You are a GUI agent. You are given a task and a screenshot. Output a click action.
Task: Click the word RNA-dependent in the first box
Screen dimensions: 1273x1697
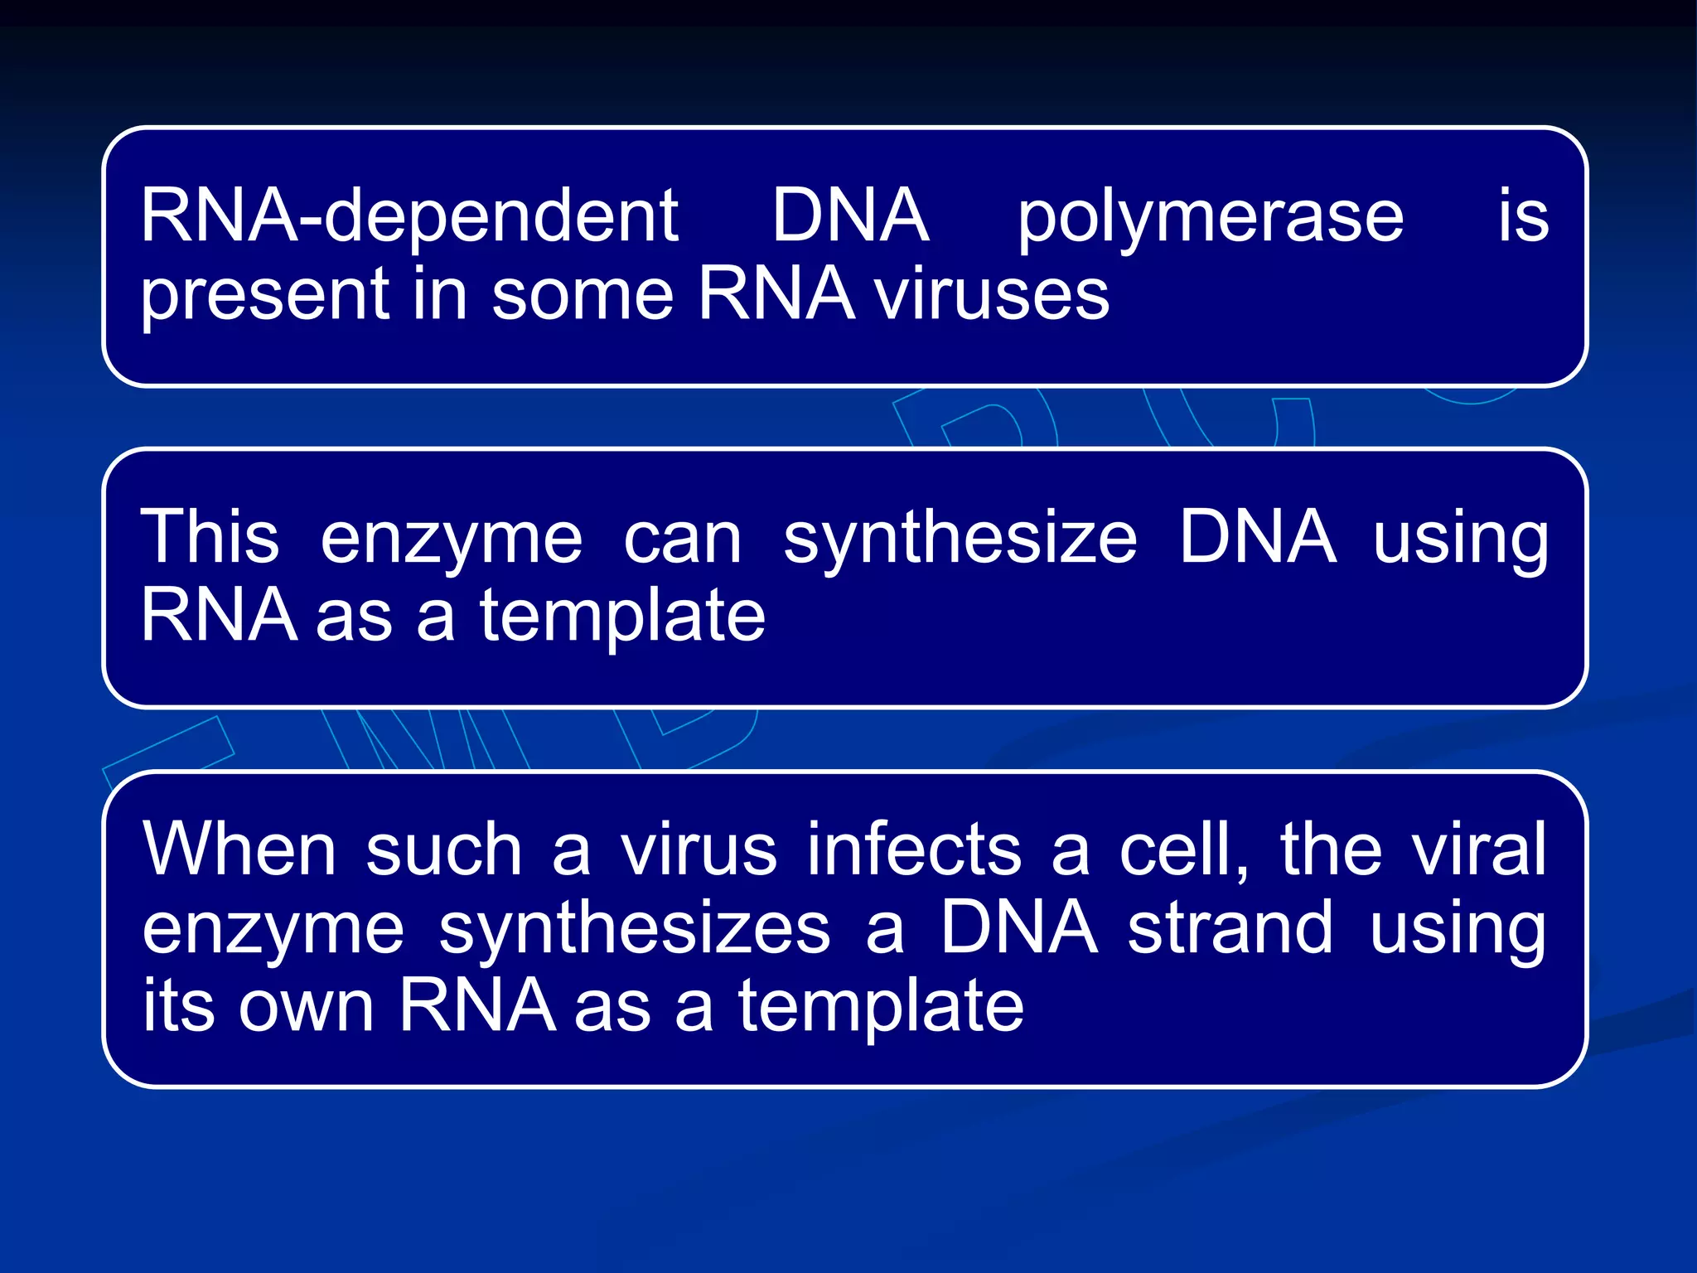pyautogui.click(x=409, y=217)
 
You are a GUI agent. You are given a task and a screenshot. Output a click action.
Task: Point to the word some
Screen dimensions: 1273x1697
pyautogui.click(x=583, y=296)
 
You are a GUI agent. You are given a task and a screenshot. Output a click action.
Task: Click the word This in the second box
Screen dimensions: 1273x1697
pyautogui.click(x=210, y=537)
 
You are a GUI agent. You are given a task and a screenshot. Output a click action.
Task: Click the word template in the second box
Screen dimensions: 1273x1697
pyautogui.click(x=622, y=617)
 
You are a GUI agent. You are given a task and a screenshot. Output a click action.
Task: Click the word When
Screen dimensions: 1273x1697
pyautogui.click(x=239, y=849)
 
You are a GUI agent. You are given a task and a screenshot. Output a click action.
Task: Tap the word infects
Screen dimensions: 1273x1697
pyautogui.click(x=915, y=849)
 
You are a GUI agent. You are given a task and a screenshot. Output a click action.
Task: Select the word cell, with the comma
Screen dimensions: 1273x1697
pyautogui.click(x=1183, y=850)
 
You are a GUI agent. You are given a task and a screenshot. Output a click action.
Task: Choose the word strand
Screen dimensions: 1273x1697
pyautogui.click(x=1230, y=927)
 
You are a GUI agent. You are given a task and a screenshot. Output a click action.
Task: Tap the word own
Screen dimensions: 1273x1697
pyautogui.click(x=306, y=1006)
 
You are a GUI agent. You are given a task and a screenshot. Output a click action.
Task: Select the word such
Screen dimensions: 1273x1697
pyautogui.click(x=444, y=850)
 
